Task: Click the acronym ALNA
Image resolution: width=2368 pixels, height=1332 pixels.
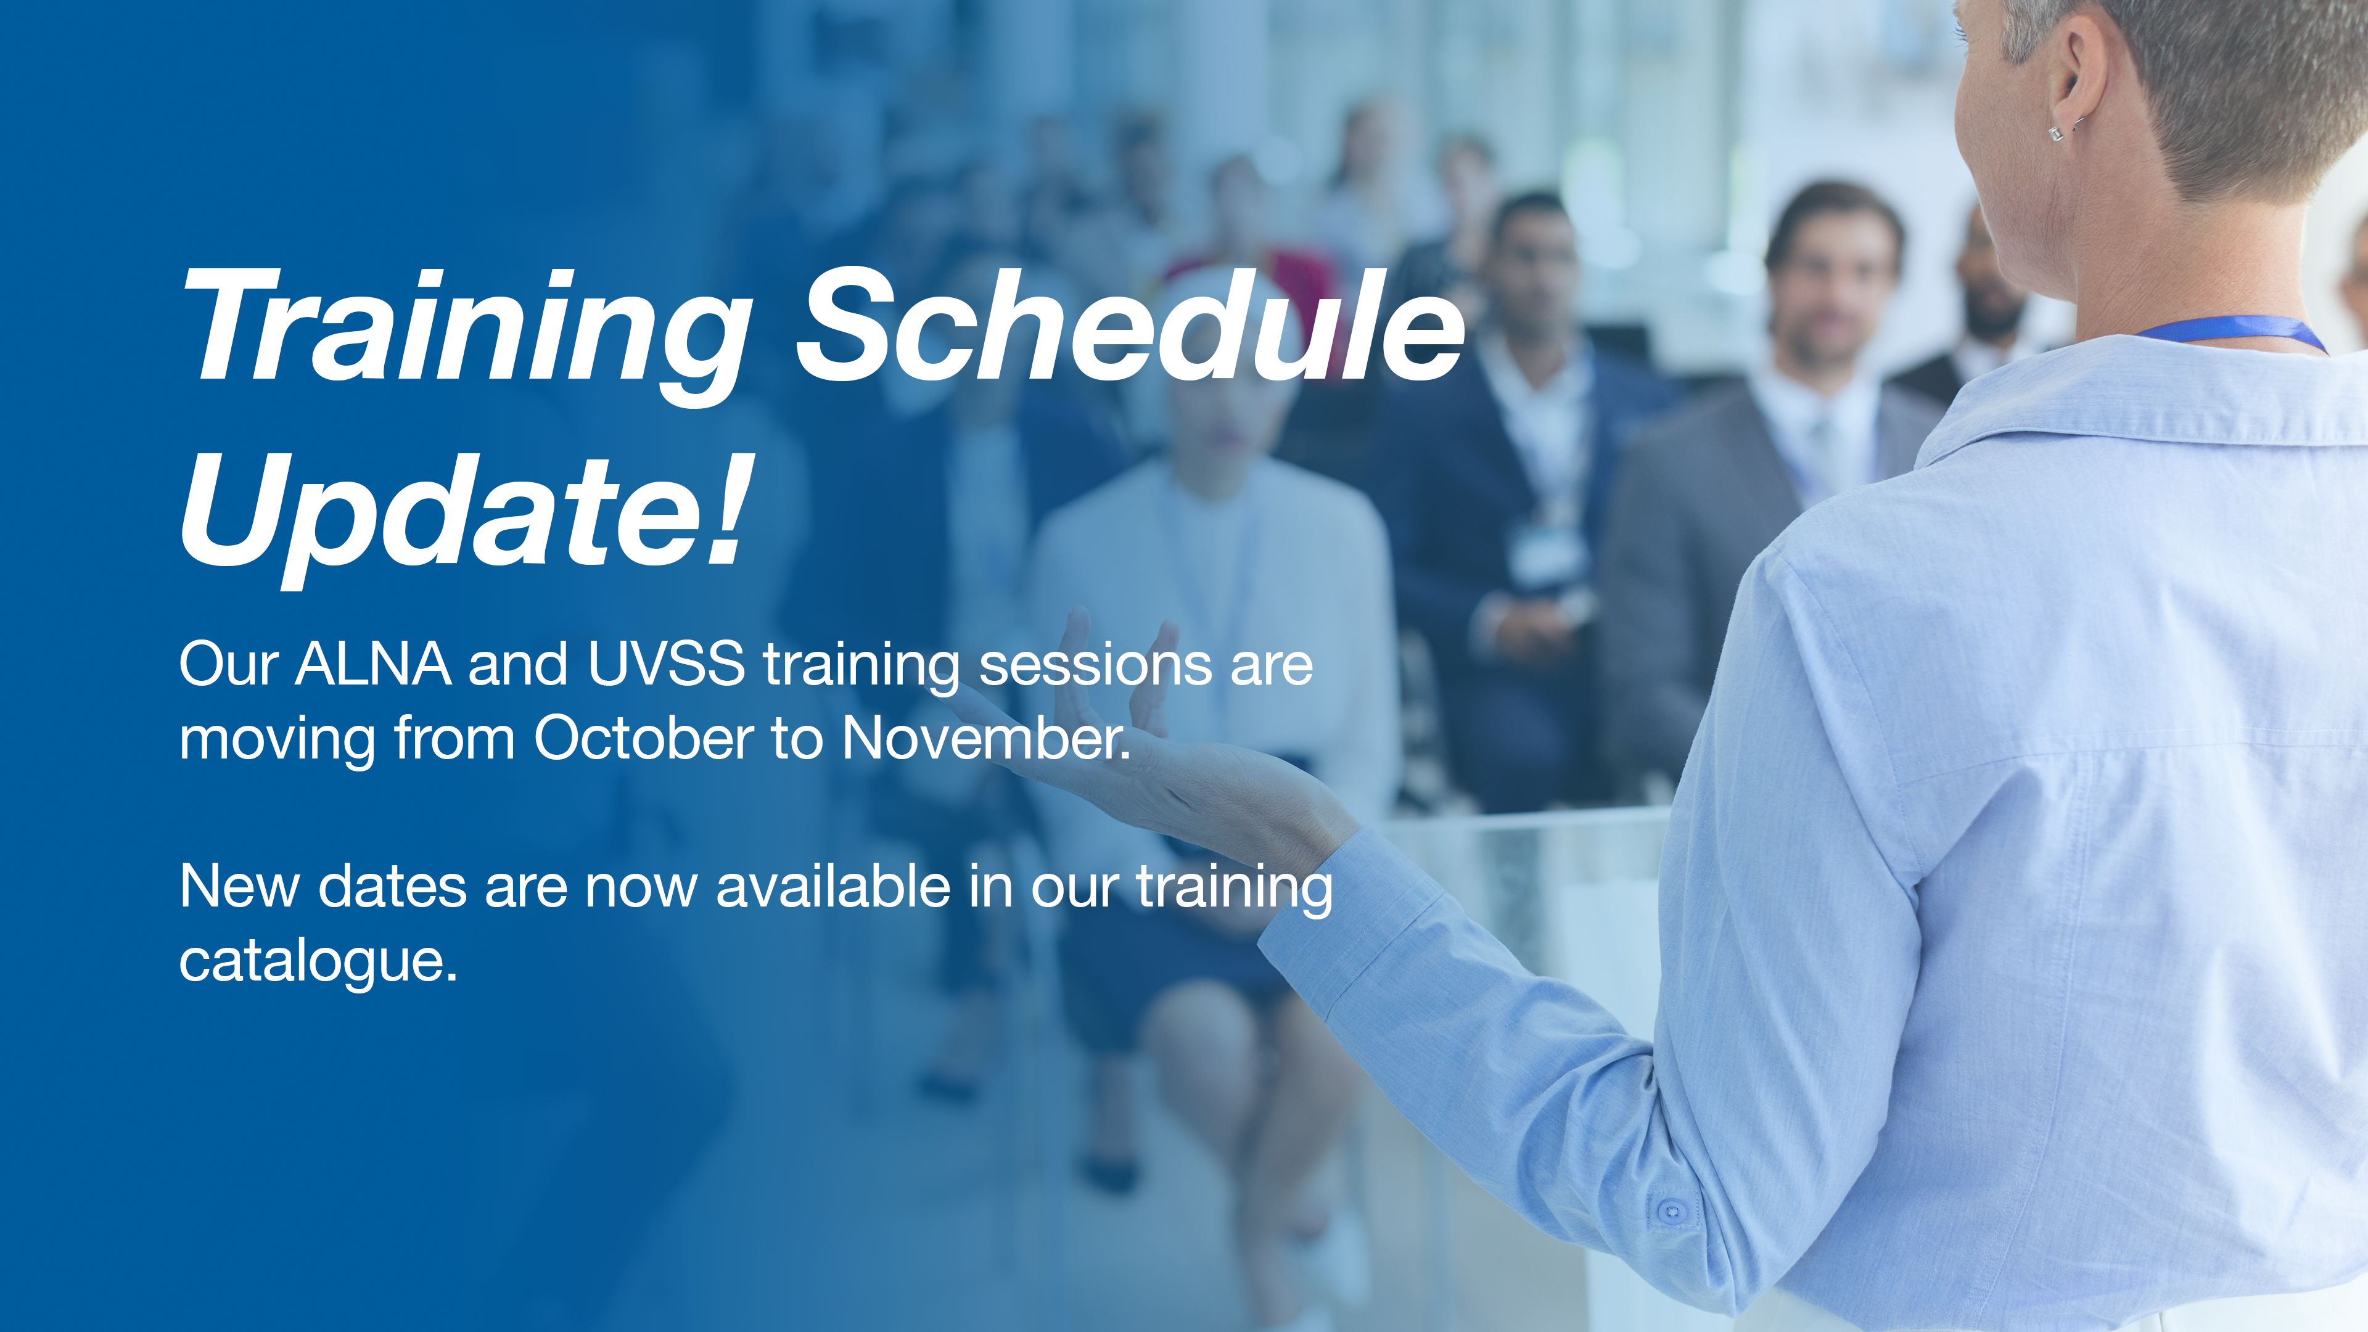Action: coord(373,663)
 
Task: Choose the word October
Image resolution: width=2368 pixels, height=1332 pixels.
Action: coord(643,738)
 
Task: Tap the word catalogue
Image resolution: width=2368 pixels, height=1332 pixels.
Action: coord(318,963)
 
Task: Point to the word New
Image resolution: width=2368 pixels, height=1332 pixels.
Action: coord(240,887)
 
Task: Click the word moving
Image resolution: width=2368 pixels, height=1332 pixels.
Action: coord(277,741)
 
